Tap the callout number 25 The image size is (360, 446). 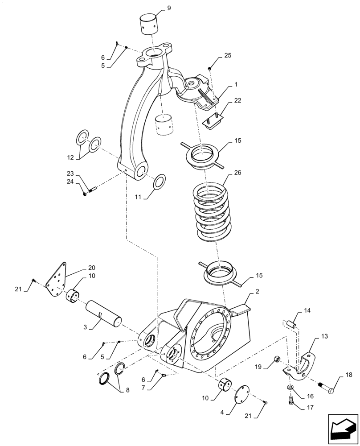click(228, 55)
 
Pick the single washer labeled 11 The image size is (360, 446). click(159, 182)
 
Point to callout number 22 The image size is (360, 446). click(237, 100)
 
